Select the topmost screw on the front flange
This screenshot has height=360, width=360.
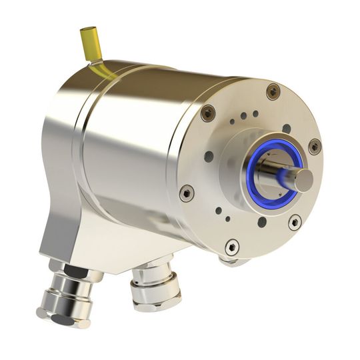[273, 91]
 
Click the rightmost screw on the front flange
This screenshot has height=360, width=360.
[314, 146]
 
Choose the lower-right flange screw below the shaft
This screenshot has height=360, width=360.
[294, 221]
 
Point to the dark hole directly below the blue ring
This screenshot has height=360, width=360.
[261, 222]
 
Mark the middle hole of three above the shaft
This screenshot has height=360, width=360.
[243, 116]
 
